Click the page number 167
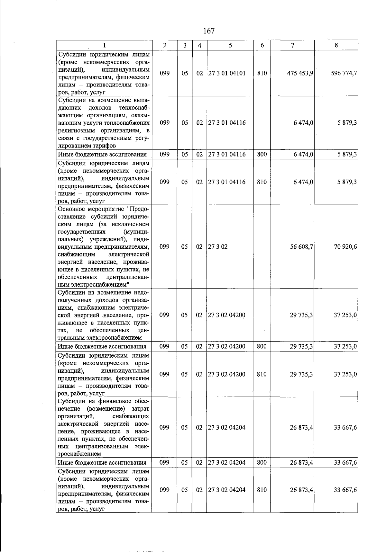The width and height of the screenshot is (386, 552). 209,31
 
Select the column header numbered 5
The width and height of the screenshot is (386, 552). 230,45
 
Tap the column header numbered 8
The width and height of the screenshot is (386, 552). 336,45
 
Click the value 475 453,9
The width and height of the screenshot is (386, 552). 300,73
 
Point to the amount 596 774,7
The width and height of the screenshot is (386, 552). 344,73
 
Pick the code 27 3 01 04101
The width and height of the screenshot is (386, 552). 227,73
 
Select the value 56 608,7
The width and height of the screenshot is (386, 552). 302,247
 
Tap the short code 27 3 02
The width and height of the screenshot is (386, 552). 218,247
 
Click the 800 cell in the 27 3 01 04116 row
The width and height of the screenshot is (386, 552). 262,154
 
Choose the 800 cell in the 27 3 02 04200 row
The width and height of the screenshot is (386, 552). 262,346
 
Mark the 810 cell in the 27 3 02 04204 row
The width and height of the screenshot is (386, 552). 262,490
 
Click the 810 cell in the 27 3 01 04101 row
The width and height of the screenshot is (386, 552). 262,73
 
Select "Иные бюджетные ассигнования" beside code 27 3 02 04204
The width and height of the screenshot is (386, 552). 102,463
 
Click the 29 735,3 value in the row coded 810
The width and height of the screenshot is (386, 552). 302,374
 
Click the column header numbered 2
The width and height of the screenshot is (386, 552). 164,45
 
